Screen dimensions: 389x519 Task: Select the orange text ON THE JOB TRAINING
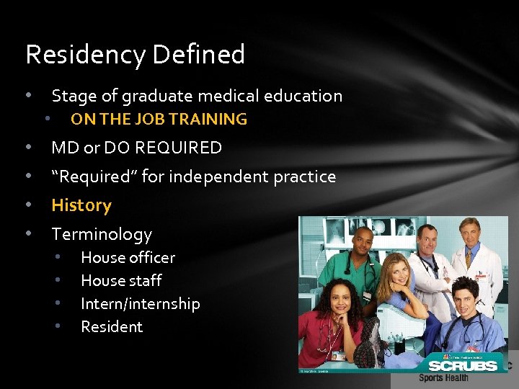pos(159,120)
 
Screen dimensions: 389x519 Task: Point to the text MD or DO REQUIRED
pos(136,148)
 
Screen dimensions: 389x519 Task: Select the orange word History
pos(81,205)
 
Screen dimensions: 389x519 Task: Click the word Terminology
pos(102,234)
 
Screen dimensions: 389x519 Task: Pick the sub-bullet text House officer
pos(128,257)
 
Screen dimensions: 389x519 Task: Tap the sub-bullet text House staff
pos(121,280)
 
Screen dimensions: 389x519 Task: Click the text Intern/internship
pos(140,303)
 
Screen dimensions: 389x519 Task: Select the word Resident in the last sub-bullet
pos(112,326)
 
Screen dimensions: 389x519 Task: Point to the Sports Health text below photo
pos(443,377)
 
